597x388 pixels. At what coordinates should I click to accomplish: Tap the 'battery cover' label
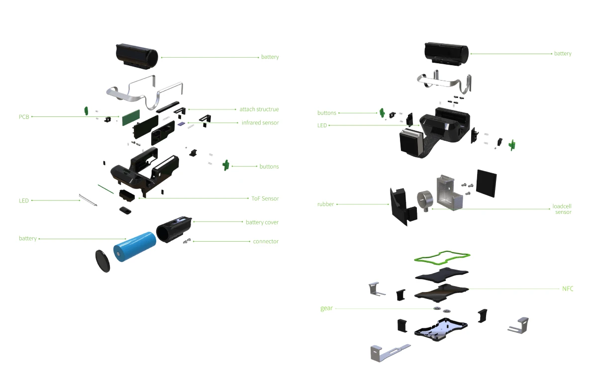click(262, 222)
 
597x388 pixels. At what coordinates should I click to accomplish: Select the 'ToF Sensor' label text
click(265, 198)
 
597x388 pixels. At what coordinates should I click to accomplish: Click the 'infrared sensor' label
click(260, 122)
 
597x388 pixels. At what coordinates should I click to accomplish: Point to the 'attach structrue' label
click(259, 109)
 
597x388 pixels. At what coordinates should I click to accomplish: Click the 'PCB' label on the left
click(24, 117)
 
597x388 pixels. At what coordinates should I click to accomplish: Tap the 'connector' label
click(266, 241)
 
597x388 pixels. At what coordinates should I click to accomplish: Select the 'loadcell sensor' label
click(562, 209)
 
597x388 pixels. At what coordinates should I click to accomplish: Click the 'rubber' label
click(325, 204)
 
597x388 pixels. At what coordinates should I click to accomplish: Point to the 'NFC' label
click(567, 289)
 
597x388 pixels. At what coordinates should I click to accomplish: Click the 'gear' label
click(326, 308)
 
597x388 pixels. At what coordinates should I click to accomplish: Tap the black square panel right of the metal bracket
click(487, 183)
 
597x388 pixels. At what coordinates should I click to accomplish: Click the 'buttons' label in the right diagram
click(327, 113)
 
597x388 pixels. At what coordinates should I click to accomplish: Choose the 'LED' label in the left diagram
click(23, 200)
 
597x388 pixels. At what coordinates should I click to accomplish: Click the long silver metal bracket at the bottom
click(388, 351)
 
